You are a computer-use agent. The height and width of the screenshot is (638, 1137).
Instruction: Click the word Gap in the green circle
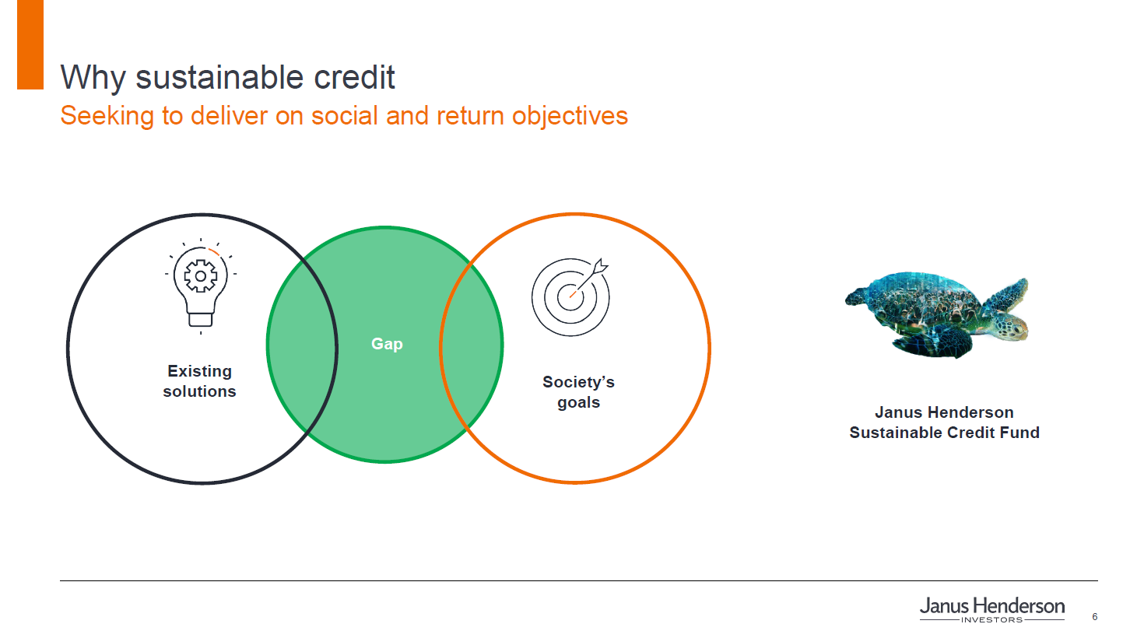(387, 345)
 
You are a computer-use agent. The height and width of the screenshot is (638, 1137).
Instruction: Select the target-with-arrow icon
(570, 296)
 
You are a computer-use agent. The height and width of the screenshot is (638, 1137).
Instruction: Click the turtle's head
(1012, 327)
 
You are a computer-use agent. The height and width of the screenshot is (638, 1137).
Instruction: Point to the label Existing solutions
(199, 381)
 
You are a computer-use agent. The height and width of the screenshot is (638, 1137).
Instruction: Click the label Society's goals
(579, 392)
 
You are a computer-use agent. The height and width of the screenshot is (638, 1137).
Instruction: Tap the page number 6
(1095, 617)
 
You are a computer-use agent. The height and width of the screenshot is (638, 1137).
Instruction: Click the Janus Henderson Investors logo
(991, 609)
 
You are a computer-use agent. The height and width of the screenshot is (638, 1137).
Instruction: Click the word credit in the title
(354, 77)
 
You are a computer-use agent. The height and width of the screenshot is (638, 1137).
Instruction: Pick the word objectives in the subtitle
(570, 116)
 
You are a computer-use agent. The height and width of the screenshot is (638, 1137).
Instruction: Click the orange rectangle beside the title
(30, 44)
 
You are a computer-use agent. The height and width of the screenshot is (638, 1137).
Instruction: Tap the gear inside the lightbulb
(201, 276)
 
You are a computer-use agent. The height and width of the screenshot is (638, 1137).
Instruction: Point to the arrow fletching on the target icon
(601, 266)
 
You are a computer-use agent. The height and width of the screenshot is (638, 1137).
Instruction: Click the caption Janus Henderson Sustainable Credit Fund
(944, 422)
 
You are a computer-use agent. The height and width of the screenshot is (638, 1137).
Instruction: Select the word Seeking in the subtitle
(107, 116)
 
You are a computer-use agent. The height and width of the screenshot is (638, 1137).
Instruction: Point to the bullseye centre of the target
(570, 297)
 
